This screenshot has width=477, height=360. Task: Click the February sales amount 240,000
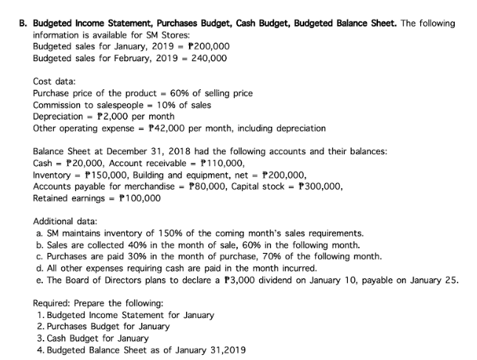click(209, 58)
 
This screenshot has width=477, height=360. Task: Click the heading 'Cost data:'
click(56, 81)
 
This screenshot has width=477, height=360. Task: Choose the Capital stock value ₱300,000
click(316, 187)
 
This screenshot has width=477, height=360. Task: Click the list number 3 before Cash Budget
click(38, 338)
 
